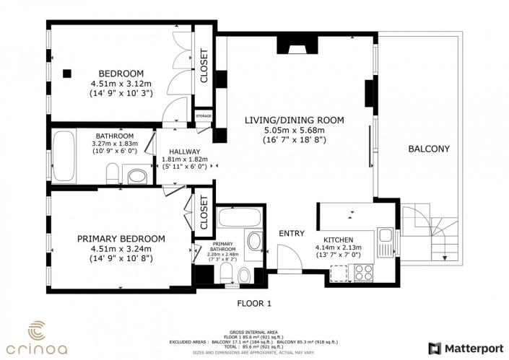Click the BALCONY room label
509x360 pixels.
pos(429,149)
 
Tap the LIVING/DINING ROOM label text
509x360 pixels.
pos(293,120)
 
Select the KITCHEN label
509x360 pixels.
pos(339,239)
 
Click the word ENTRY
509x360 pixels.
pos(291,233)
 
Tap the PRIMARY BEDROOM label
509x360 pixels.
pos(121,239)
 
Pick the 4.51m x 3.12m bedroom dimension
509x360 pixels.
pos(121,83)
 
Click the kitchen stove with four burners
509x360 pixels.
pos(362,273)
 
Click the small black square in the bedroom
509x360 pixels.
pos(66,72)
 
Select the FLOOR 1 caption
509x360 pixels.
pos(254,304)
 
